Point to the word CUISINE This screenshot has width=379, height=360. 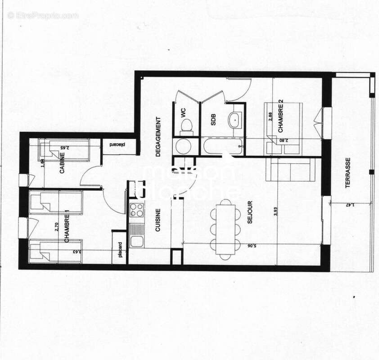coord(158,220)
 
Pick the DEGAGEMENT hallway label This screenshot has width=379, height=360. coord(158,136)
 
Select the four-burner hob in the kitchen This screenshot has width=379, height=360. coord(136,209)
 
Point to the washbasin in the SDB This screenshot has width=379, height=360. coord(235,120)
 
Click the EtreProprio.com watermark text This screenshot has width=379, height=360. coord(43,15)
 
